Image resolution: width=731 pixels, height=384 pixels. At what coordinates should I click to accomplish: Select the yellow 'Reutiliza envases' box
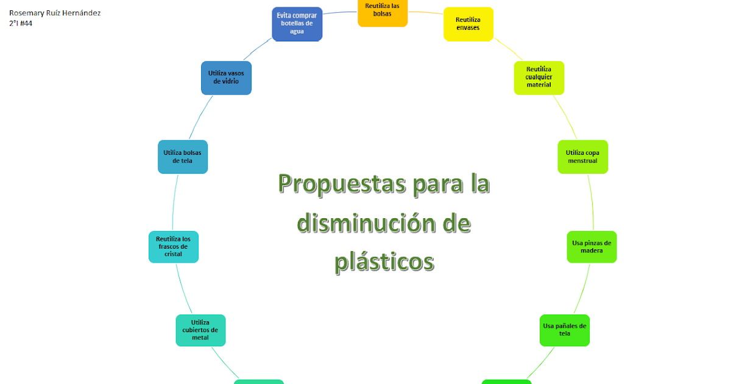468,24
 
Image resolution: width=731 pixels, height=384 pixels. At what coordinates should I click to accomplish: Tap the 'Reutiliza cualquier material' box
539,77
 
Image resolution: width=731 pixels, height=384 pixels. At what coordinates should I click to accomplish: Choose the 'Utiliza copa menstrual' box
582,157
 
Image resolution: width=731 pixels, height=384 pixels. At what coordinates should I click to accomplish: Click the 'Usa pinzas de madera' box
592,246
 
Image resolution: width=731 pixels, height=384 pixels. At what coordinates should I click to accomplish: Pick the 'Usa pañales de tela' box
565,330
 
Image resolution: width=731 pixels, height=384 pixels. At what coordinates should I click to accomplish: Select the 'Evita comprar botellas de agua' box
297,24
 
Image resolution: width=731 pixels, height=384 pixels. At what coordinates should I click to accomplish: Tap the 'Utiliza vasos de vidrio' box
226,77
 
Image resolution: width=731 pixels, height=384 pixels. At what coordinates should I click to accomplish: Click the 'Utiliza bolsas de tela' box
183,157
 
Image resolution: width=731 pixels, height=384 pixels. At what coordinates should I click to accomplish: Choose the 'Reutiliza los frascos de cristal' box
173,246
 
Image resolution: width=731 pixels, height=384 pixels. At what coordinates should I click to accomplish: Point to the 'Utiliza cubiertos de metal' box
200,330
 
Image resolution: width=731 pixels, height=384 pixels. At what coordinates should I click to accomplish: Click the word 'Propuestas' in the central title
342,184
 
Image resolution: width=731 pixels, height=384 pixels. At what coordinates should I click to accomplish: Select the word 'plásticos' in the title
384,261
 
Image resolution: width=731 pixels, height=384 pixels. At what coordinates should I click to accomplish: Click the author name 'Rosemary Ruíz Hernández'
55,13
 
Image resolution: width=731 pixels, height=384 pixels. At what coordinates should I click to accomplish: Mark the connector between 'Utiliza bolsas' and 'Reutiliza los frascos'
175,202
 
